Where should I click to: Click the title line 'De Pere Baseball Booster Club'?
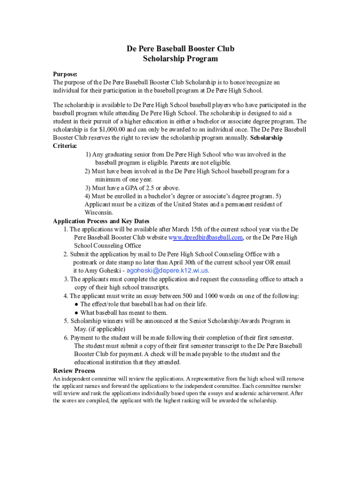180,49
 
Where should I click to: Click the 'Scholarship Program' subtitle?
180,59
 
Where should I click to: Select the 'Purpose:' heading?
65,74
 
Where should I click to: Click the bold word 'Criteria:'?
65,146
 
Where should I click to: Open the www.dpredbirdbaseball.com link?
205,238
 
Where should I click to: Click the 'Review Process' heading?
74,371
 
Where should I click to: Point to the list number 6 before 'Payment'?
66,338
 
